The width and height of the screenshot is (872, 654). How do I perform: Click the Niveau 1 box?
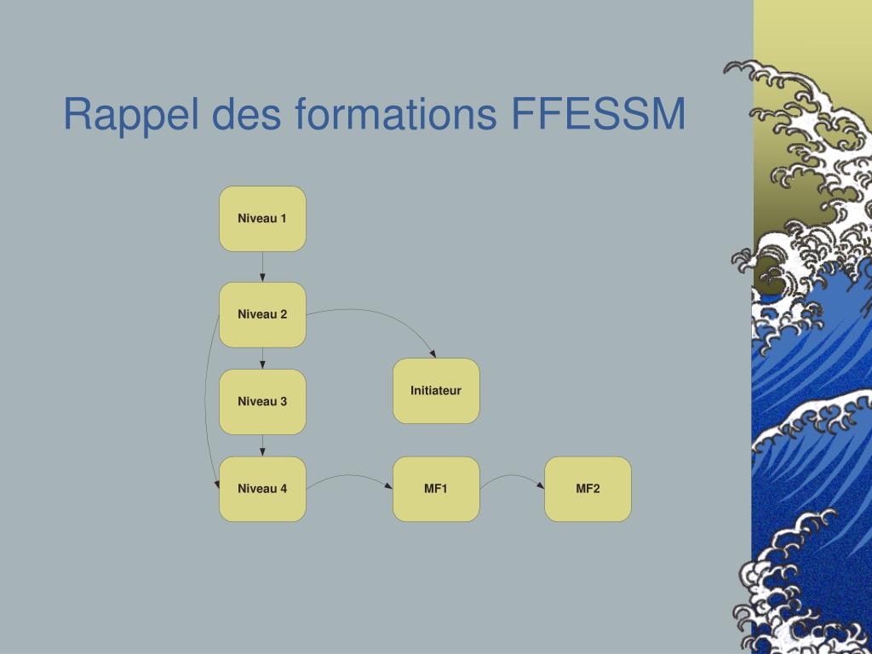pyautogui.click(x=262, y=219)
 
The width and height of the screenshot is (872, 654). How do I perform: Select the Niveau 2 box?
pyautogui.click(x=262, y=315)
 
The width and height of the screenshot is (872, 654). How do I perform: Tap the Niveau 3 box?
pyautogui.click(x=262, y=402)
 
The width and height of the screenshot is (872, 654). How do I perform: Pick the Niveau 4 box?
pyautogui.click(x=262, y=489)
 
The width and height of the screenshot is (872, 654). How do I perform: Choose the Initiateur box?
pyautogui.click(x=436, y=390)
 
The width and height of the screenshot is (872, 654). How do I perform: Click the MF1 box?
pyautogui.click(x=436, y=489)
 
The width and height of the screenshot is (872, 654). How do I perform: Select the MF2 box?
pyautogui.click(x=588, y=489)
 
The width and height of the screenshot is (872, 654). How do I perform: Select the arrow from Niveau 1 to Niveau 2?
pyautogui.click(x=262, y=267)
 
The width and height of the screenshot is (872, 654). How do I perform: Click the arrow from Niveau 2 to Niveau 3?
pyautogui.click(x=262, y=359)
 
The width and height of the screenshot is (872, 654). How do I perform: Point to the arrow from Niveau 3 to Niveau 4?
pyautogui.click(x=262, y=445)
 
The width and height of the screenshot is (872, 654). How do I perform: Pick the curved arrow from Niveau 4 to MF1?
pyautogui.click(x=349, y=475)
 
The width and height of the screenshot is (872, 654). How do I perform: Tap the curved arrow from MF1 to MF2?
pyautogui.click(x=512, y=475)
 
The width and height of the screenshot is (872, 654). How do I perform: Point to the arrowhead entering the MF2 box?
pyautogui.click(x=541, y=485)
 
